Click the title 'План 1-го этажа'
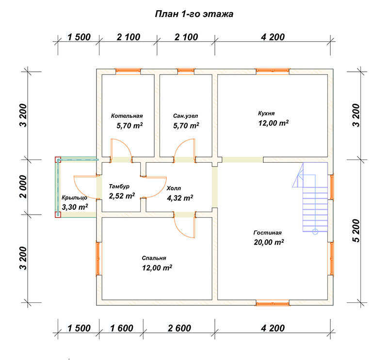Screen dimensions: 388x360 point(194,14)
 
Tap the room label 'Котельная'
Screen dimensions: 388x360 point(127,116)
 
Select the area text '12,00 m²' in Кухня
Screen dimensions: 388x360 point(274,123)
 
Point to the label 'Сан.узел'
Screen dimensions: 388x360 point(185,116)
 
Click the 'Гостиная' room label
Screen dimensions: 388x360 point(268,233)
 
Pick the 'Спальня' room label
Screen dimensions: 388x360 point(154,258)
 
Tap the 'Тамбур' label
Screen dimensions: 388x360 point(119,187)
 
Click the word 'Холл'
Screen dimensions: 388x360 point(174,188)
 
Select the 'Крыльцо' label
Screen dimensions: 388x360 point(75,198)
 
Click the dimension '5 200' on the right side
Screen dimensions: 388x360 point(356,231)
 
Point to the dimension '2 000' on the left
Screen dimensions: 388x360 point(23,187)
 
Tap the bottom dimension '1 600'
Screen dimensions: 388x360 point(122,329)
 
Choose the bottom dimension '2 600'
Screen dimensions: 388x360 point(179,329)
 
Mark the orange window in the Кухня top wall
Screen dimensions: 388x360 point(273,71)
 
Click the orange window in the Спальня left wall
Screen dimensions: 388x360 point(98,258)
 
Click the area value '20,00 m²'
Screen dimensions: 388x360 point(269,242)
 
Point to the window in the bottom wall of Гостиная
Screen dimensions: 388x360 point(273,303)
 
